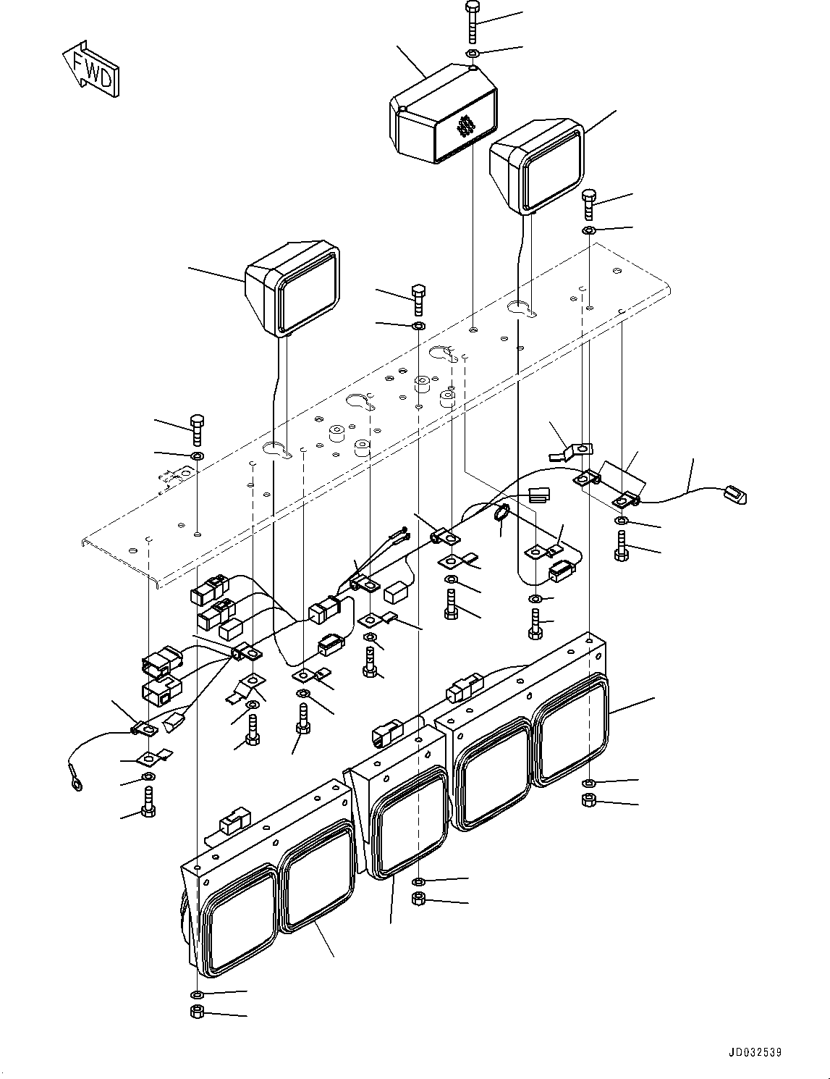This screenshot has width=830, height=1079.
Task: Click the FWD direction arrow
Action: point(91,69)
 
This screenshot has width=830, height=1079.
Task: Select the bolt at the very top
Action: point(473,23)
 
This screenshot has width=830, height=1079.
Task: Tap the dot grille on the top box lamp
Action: point(465,127)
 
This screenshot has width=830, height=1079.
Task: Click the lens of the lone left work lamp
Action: point(308,295)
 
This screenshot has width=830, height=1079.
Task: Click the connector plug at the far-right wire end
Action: point(735,495)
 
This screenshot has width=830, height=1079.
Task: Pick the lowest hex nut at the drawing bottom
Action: point(197,1012)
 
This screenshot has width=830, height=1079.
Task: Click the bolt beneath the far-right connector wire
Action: point(621,546)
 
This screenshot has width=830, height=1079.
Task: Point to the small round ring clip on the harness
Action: point(501,513)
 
